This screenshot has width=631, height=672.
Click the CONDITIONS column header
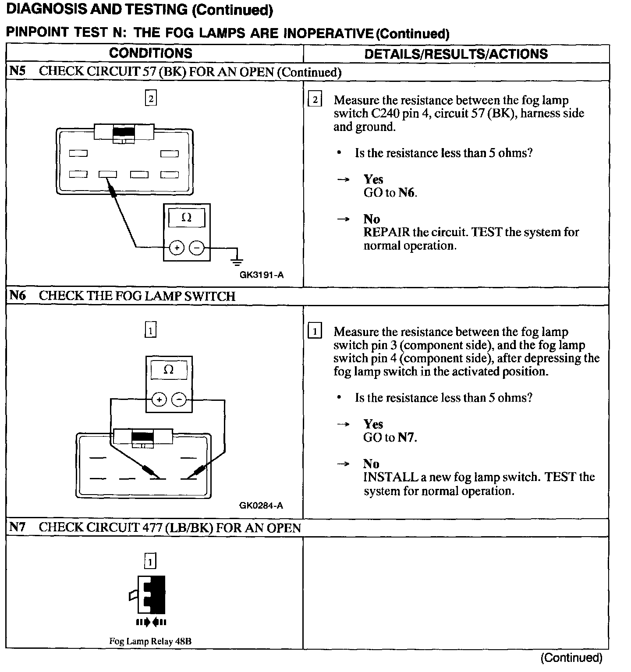[x=150, y=53]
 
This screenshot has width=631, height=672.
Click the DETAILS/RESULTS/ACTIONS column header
[x=456, y=54]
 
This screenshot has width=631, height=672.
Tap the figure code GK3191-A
[x=262, y=275]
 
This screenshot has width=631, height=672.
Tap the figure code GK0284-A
[x=261, y=506]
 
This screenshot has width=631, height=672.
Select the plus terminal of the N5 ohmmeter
[x=177, y=248]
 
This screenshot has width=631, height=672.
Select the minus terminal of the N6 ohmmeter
[x=178, y=400]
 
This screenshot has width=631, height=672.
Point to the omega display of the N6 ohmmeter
[x=168, y=370]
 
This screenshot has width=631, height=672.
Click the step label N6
[x=18, y=296]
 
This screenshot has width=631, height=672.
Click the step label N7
[x=18, y=527]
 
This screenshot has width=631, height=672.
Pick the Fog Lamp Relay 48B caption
[x=150, y=641]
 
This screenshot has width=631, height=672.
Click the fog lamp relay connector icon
[x=151, y=594]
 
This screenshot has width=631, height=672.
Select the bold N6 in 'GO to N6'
[x=406, y=193]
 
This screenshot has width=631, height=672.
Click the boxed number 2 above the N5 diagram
[x=150, y=99]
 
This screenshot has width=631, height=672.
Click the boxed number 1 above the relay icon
[x=150, y=561]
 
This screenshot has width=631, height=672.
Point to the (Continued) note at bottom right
[x=571, y=658]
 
